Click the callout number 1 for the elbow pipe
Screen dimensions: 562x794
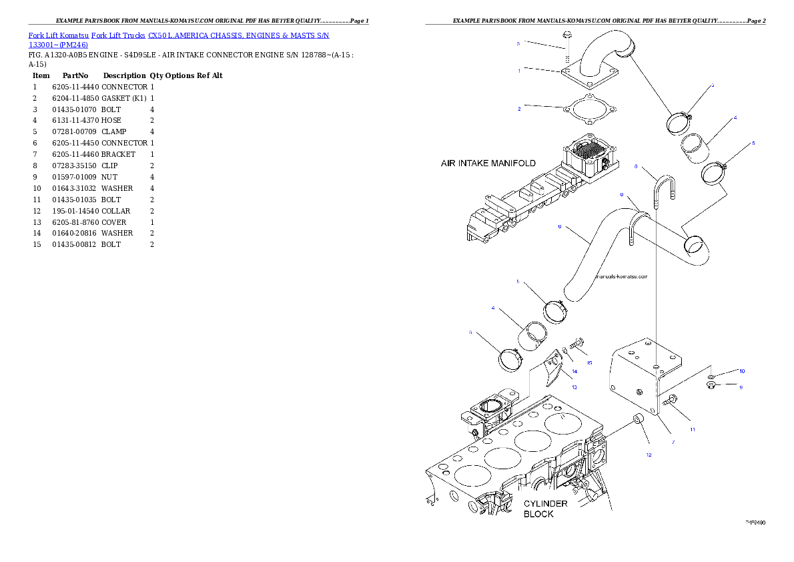pyautogui.click(x=519, y=71)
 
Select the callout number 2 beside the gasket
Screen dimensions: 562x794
pyautogui.click(x=519, y=109)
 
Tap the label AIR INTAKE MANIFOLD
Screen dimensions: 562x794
pyautogui.click(x=488, y=163)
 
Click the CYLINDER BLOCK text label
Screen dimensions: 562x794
pyautogui.click(x=545, y=509)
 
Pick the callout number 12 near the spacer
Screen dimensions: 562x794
pyautogui.click(x=649, y=455)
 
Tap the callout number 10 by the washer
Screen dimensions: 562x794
pyautogui.click(x=741, y=370)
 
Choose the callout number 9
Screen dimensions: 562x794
pyautogui.click(x=740, y=387)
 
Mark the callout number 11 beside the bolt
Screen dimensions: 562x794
pyautogui.click(x=692, y=429)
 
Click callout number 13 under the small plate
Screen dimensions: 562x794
pyautogui.click(x=574, y=387)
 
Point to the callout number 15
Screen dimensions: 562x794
pyautogui.click(x=589, y=362)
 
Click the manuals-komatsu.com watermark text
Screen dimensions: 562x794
pyautogui.click(x=621, y=276)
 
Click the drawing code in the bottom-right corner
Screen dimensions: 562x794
pyautogui.click(x=755, y=523)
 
